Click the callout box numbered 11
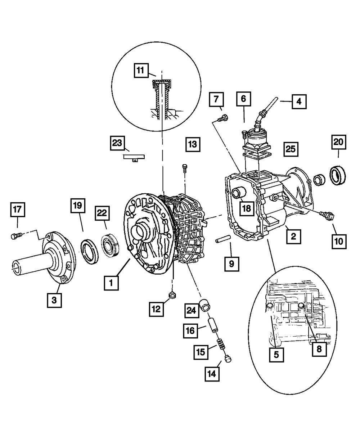141,70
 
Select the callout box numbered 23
117,144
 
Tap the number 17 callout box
17,210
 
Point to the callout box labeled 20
338,142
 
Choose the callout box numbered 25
291,148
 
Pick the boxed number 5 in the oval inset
276,354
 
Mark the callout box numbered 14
212,374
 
